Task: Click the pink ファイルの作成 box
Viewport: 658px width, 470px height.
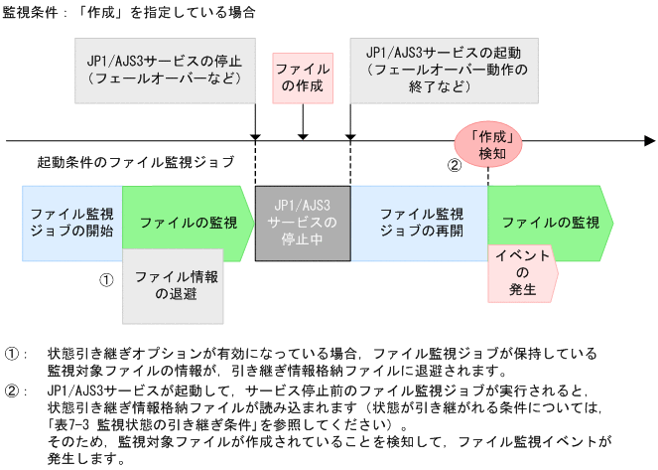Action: (303, 78)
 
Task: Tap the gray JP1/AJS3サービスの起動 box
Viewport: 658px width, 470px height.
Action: (445, 71)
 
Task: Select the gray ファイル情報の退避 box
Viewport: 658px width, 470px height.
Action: (173, 285)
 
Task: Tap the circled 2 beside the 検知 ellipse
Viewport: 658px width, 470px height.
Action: (455, 166)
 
